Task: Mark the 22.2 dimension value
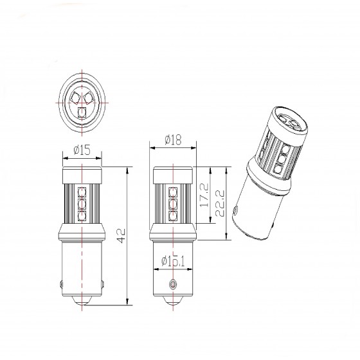pos(222,204)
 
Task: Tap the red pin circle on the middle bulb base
pos(171,283)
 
